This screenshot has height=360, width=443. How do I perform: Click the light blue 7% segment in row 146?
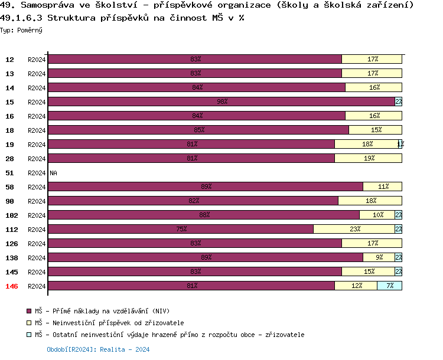[389, 286]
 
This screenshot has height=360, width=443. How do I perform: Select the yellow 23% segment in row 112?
[354, 230]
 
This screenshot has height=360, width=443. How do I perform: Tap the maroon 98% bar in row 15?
[221, 102]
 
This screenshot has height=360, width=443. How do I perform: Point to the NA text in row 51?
[53, 173]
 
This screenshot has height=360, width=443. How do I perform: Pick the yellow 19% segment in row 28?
[368, 159]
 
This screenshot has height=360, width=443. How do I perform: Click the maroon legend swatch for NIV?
[29, 311]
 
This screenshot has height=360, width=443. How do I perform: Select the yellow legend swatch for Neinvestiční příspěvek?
[29, 323]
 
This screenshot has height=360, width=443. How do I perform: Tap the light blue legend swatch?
[29, 335]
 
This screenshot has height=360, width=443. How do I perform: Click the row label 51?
[10, 173]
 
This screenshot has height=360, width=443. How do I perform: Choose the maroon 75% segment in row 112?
[181, 230]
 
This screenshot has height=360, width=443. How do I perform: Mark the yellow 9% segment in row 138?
[379, 258]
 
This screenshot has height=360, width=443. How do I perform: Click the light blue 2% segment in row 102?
[398, 215]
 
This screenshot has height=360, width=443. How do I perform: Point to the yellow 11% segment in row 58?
[382, 187]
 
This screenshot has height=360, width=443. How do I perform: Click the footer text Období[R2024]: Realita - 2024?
[98, 349]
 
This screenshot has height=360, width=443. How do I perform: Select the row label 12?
[10, 60]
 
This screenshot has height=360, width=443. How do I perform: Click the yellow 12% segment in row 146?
[356, 286]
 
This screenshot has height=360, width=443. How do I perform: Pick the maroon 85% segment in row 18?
[198, 130]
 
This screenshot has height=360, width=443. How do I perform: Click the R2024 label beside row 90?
[37, 201]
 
